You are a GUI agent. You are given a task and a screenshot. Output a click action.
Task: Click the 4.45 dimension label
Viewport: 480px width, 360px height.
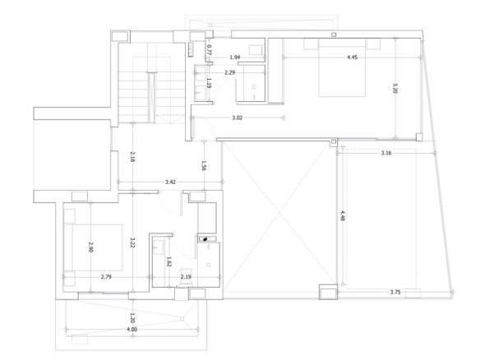click(x=352, y=58)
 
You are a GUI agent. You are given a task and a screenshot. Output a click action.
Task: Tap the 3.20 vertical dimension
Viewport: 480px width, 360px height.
click(x=395, y=88)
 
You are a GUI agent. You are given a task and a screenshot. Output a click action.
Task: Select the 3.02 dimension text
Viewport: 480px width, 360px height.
click(x=238, y=118)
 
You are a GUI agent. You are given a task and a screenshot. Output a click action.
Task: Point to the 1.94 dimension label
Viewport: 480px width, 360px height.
click(x=235, y=58)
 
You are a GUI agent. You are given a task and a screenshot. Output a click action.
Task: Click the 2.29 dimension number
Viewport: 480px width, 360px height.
click(x=229, y=72)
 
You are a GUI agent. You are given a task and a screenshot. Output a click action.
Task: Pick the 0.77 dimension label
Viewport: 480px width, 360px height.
click(x=209, y=49)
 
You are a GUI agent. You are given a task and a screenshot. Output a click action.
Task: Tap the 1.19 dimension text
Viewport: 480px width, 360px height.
click(x=209, y=83)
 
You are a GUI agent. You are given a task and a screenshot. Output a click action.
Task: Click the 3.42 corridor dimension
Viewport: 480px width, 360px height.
click(x=170, y=182)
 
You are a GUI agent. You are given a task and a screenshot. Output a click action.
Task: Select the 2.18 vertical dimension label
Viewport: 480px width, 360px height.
click(x=132, y=156)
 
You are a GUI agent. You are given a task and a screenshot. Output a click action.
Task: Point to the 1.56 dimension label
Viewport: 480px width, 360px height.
click(x=204, y=165)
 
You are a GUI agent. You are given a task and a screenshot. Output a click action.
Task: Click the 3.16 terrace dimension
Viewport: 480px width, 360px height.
click(x=386, y=153)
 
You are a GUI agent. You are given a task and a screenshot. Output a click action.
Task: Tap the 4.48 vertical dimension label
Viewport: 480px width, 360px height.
click(x=343, y=215)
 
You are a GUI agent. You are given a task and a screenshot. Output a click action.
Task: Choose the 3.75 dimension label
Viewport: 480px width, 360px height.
click(x=395, y=293)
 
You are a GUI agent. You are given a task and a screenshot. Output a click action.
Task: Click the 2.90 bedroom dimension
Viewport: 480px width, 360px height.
click(x=90, y=247)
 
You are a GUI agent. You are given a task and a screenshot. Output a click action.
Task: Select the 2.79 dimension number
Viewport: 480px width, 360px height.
click(x=106, y=277)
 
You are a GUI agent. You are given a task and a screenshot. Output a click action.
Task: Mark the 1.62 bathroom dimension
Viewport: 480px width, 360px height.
click(x=168, y=261)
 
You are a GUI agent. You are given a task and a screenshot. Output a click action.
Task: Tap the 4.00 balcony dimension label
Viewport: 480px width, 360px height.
click(x=132, y=330)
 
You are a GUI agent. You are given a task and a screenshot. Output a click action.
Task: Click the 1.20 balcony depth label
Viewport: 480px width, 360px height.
click(x=132, y=318)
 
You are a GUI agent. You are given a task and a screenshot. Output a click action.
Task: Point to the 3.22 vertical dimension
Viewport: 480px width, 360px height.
click(x=132, y=242)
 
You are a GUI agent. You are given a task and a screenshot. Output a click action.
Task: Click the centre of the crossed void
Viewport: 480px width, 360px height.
click(x=279, y=213)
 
